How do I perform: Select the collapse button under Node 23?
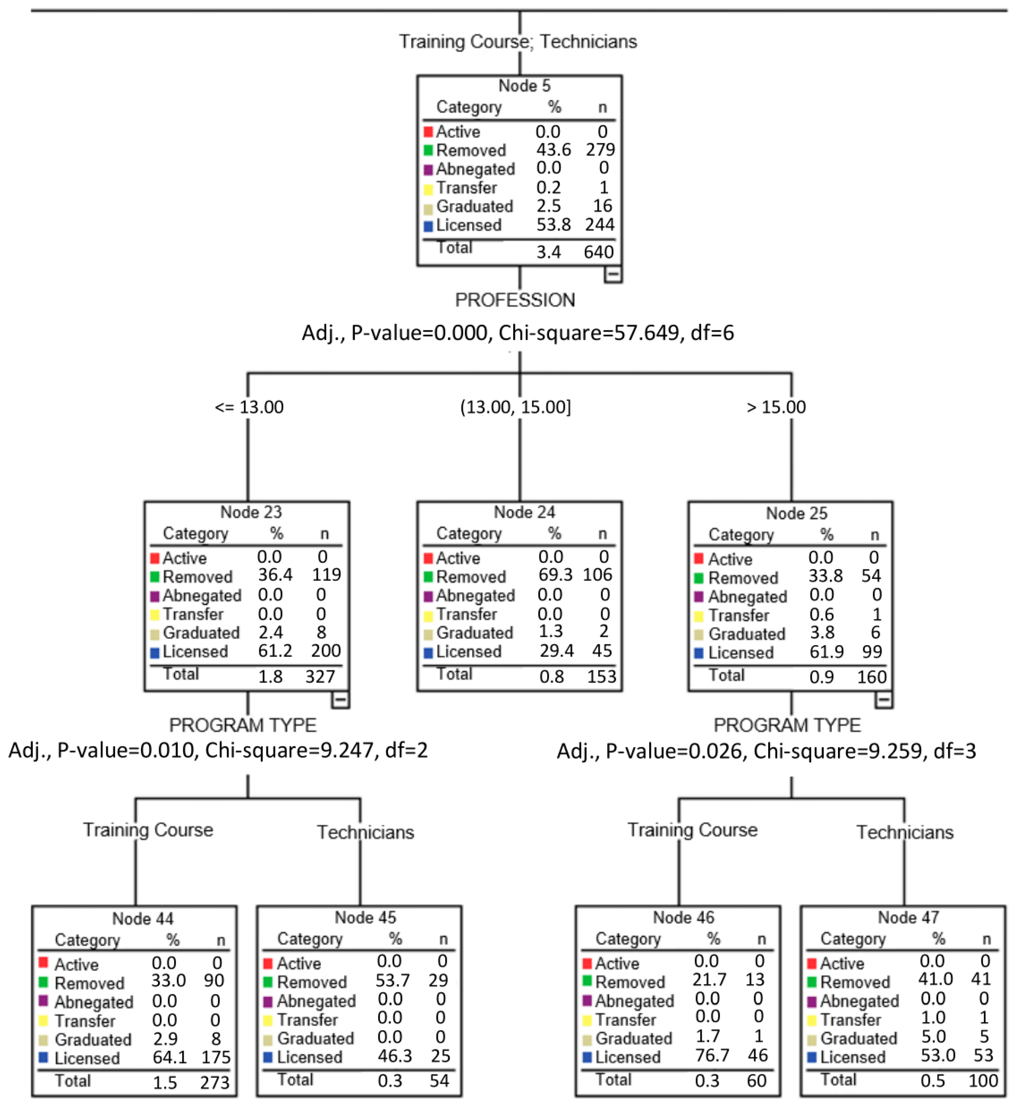(x=340, y=700)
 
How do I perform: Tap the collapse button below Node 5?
(x=612, y=274)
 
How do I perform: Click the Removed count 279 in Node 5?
(x=600, y=150)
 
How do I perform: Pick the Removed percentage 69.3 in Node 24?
(x=555, y=575)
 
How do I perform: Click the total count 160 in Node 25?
(x=871, y=677)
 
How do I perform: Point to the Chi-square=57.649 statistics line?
(x=517, y=333)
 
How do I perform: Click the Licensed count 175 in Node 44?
(x=215, y=1057)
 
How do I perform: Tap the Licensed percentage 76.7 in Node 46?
(x=712, y=1055)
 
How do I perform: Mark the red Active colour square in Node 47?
(x=812, y=963)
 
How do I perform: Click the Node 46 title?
(x=683, y=917)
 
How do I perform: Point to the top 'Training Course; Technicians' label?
(x=517, y=42)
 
